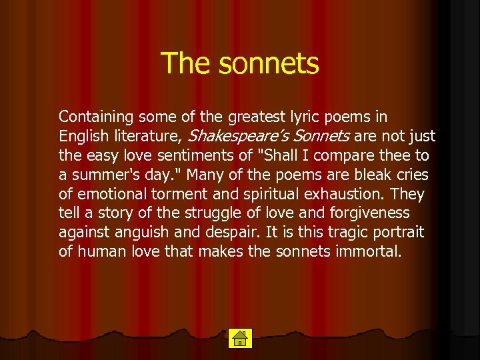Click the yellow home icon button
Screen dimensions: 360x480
(239, 338)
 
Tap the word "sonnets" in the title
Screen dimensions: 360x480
(269, 63)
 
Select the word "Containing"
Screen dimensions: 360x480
(96, 117)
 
